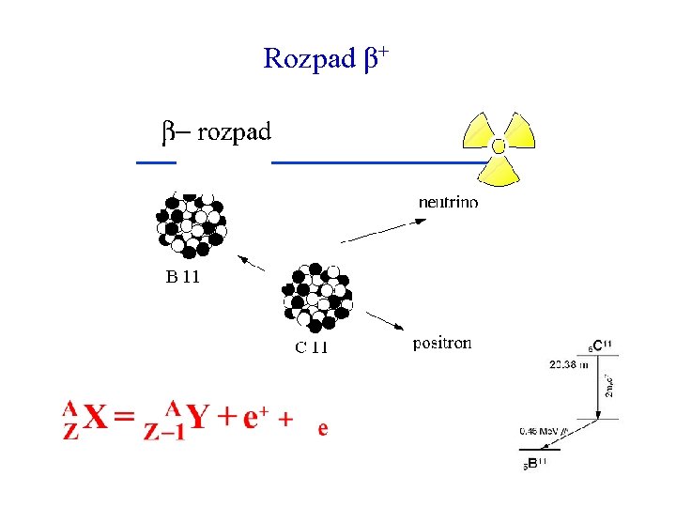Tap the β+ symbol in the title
tap(375, 59)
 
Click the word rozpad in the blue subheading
tap(234, 131)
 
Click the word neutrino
tap(448, 202)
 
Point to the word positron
tap(442, 344)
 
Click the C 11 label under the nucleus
tap(312, 347)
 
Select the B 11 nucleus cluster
tap(192, 224)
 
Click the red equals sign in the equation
tap(125, 418)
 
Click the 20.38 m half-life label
tap(569, 365)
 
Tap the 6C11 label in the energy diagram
tap(599, 346)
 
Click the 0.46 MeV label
tap(542, 432)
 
